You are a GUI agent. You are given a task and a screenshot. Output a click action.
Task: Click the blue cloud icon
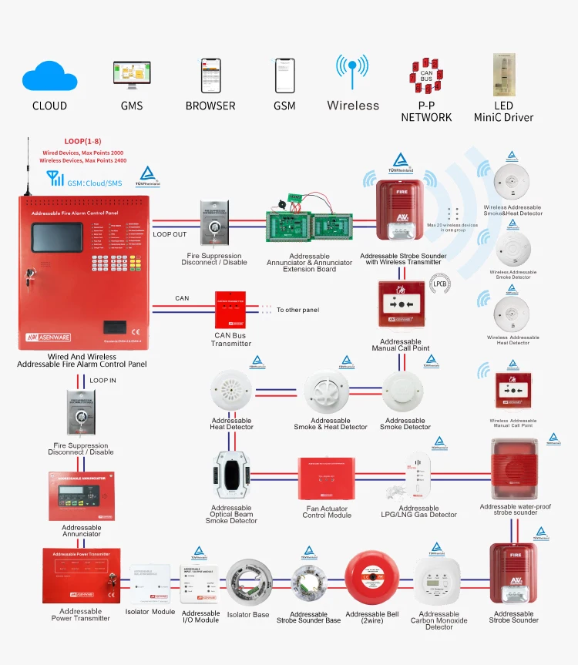(x=49, y=77)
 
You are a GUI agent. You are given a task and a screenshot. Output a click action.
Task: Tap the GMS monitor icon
(x=132, y=76)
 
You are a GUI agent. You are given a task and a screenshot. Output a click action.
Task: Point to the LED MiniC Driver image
(x=504, y=74)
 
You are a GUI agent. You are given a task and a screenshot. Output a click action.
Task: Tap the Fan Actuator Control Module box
(x=327, y=479)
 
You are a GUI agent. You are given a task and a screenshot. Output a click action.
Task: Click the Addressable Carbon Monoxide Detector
(x=439, y=585)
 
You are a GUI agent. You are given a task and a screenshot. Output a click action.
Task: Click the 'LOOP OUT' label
(x=169, y=234)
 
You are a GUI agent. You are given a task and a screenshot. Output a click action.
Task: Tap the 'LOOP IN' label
(x=103, y=381)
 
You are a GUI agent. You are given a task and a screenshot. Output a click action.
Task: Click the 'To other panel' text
(x=297, y=310)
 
